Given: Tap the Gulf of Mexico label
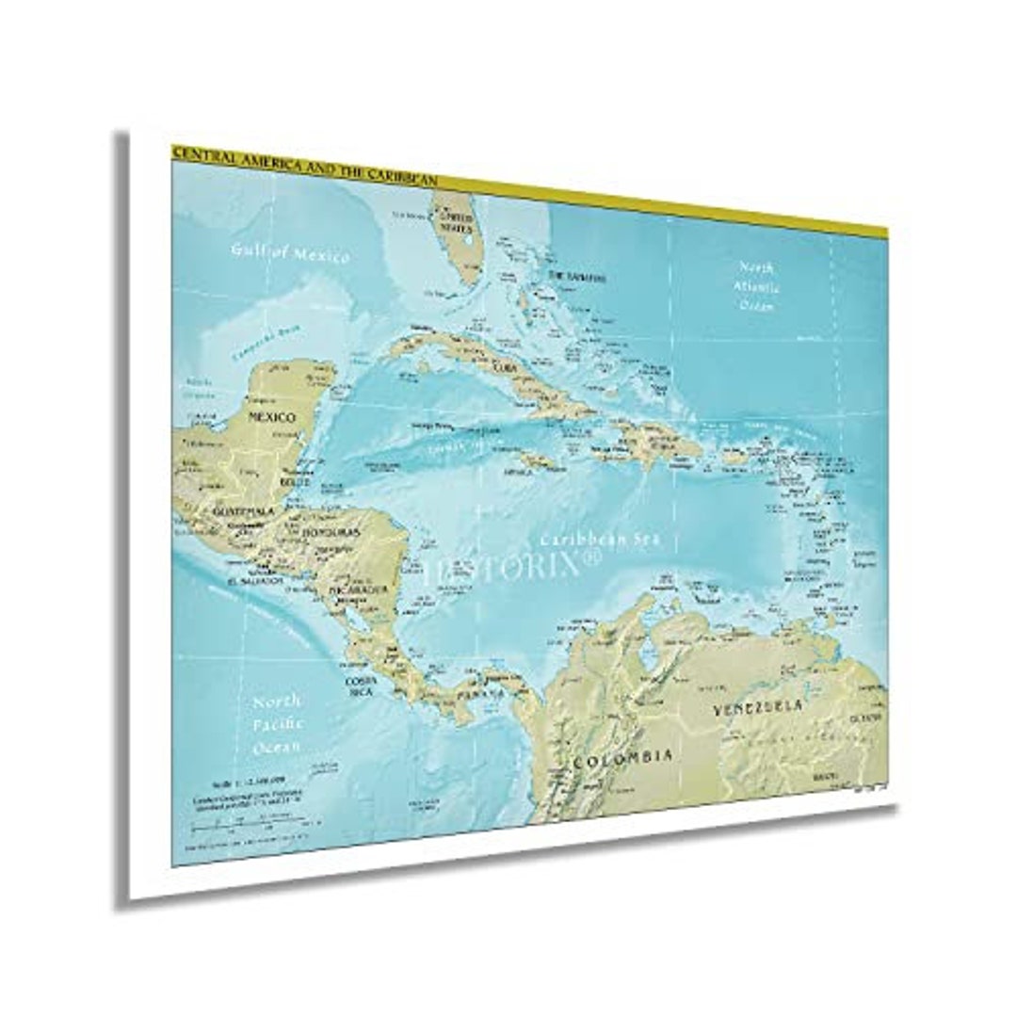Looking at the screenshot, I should coord(291,252).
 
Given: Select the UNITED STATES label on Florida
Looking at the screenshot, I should coord(456,222).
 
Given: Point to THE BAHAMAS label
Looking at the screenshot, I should coord(576,277).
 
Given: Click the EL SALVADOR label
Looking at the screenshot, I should coord(254,582).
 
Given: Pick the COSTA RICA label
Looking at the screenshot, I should coord(361,686).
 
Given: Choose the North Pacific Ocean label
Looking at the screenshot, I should coord(278,724).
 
